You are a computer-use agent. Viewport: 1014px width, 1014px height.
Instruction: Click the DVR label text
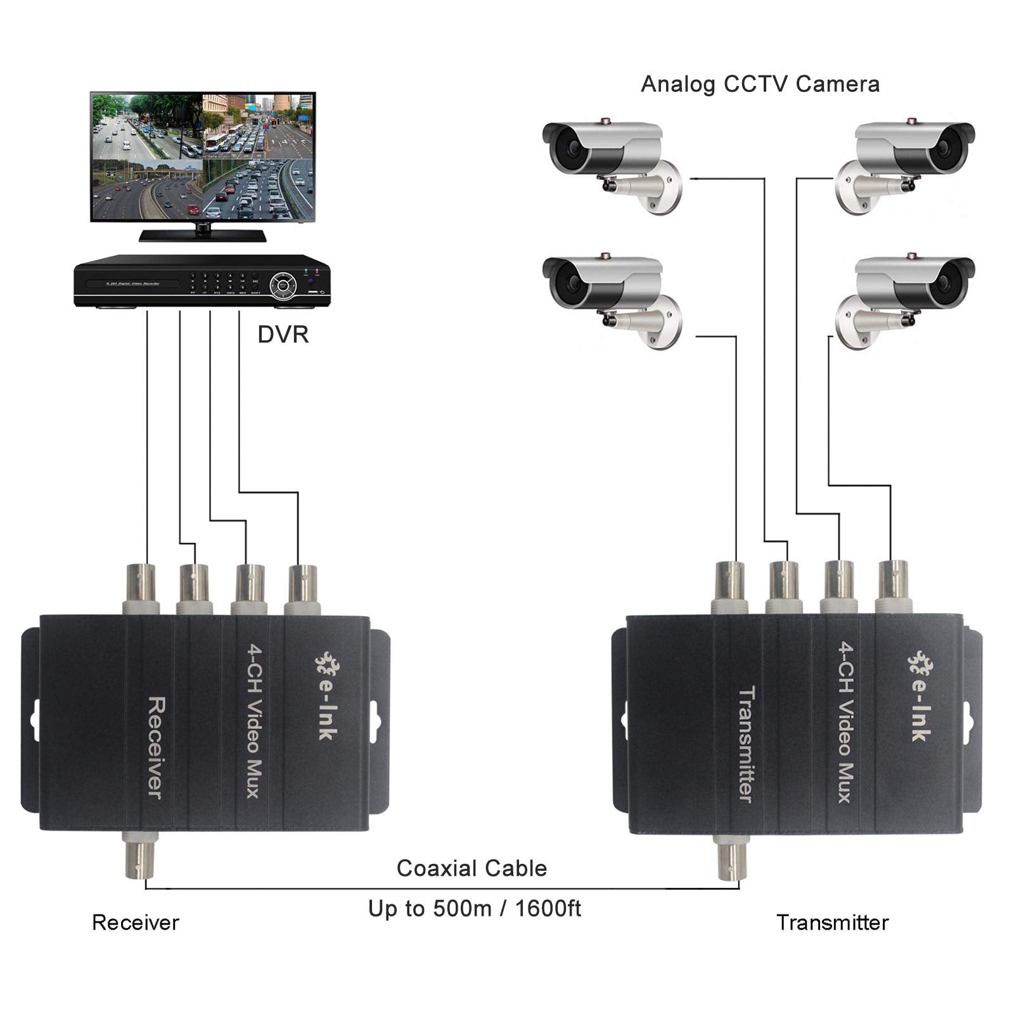tap(283, 335)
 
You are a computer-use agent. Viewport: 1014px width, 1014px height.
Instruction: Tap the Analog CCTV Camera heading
tap(760, 84)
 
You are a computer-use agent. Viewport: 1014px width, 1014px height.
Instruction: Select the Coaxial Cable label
tap(472, 868)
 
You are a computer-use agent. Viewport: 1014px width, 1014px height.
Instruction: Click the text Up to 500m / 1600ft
tap(475, 909)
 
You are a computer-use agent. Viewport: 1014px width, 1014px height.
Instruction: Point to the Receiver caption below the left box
tap(136, 923)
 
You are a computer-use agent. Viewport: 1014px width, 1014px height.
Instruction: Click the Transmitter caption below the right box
tap(832, 923)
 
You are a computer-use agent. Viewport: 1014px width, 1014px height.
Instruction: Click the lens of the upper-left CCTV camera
tap(568, 148)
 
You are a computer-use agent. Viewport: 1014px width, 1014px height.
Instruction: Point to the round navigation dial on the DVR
tap(282, 284)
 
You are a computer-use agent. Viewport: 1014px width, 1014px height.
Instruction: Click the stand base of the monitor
tap(203, 235)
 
